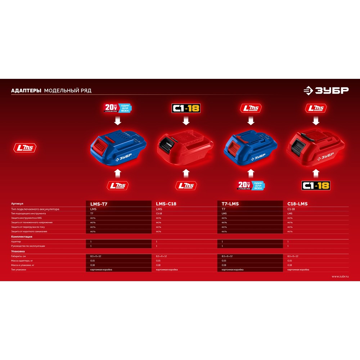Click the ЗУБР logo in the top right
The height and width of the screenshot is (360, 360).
coord(326,91)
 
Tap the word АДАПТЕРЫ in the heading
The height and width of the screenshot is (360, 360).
coord(26,91)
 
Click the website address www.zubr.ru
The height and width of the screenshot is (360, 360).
coord(340,276)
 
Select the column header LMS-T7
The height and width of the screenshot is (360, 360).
coord(99,204)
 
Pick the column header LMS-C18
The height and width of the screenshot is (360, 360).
coord(166,204)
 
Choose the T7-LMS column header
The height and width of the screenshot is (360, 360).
coord(230,204)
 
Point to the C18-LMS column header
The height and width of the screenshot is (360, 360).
coord(297,204)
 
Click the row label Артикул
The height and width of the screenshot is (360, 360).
coord(17,204)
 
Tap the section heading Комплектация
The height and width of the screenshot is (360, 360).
coord(22,237)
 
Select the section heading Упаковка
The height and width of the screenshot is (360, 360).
coord(18,251)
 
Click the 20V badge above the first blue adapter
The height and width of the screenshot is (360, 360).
coord(118,108)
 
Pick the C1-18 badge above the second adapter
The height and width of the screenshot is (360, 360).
coord(186,108)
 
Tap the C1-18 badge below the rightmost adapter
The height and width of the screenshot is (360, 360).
coord(316,186)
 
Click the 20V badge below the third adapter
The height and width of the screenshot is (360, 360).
coord(251,186)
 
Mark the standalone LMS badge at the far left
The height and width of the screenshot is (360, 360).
coord(25,148)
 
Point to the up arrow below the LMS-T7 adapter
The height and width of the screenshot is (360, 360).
coord(118,173)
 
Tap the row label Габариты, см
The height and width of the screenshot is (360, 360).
coord(18,256)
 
